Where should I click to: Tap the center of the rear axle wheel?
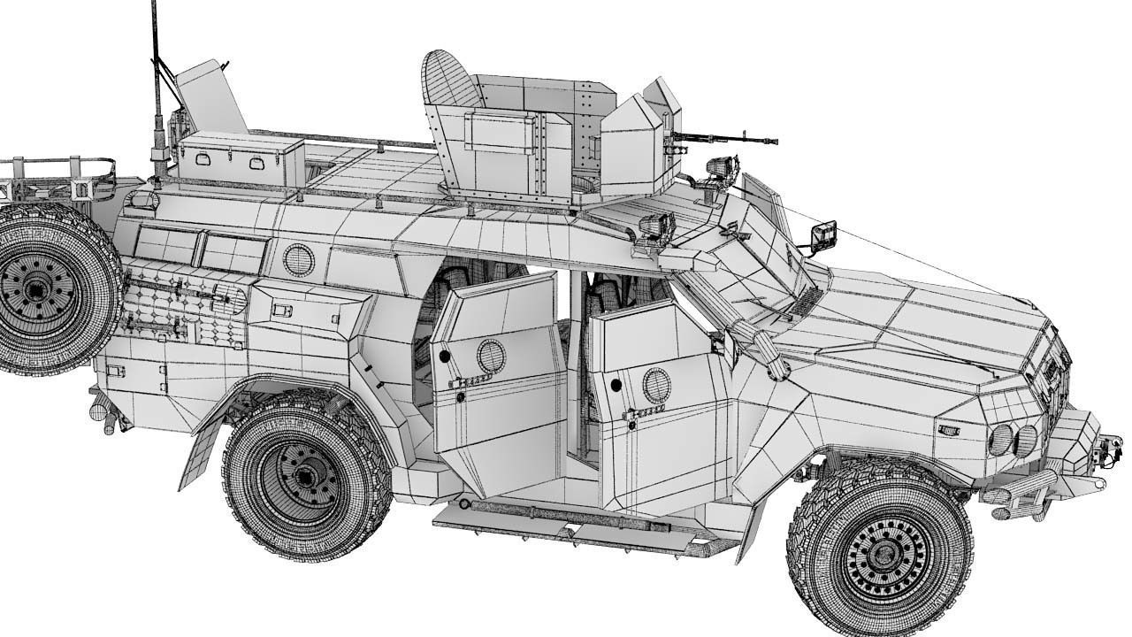(x=305, y=479)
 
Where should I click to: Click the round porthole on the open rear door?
(x=491, y=356)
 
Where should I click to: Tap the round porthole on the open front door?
(x=656, y=386)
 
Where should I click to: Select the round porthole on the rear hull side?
(x=299, y=259)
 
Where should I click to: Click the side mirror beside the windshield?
(x=824, y=234)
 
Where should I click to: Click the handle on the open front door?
(x=644, y=413)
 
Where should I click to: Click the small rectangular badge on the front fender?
(x=949, y=429)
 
